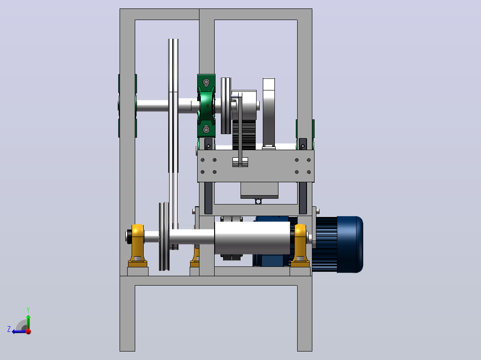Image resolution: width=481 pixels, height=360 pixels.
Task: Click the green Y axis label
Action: [28, 310]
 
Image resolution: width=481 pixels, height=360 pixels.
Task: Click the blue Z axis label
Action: [9, 329]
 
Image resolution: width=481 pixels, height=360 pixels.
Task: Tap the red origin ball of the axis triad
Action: [29, 331]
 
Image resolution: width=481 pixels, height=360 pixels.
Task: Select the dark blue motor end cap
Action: [350, 245]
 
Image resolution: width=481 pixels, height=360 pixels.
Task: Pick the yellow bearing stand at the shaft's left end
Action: [137, 246]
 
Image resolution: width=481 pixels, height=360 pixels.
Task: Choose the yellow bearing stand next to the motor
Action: [300, 246]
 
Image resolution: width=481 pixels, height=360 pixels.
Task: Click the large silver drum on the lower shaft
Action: [252, 238]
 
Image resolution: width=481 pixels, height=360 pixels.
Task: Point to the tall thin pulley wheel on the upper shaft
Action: [173, 144]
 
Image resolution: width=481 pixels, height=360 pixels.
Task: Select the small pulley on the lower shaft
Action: [164, 236]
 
